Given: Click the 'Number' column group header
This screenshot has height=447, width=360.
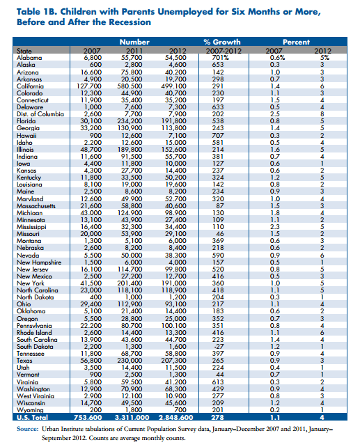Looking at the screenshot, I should pos(139,42).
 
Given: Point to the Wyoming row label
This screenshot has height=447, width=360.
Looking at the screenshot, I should pos(28,410).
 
